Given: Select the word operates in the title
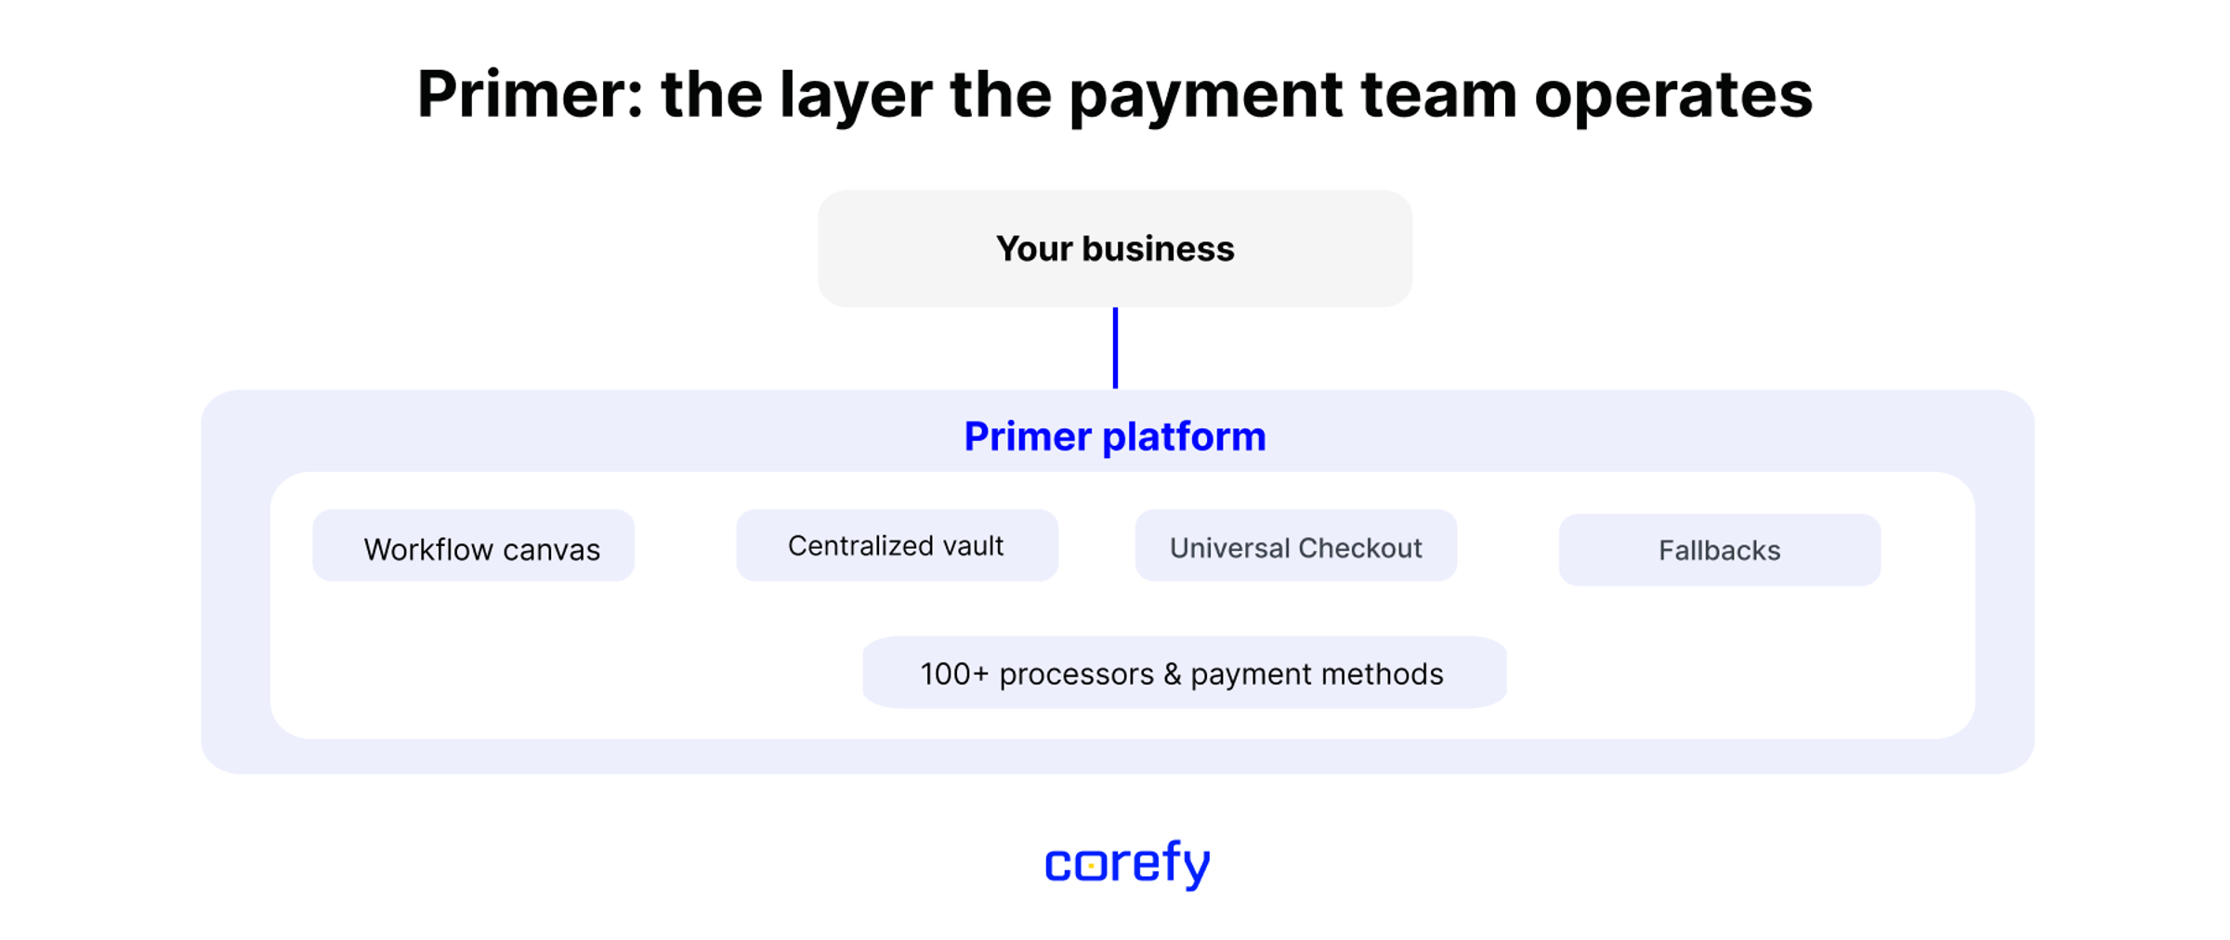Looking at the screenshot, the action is tap(1673, 97).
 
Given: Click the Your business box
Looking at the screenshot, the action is tap(1115, 248).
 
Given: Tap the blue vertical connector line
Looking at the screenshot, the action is tap(1115, 347).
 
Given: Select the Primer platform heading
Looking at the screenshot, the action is tap(1115, 437).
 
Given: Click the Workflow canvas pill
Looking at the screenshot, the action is tap(474, 545).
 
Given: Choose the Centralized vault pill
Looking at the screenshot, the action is tap(897, 545).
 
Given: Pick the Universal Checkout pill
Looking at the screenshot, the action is tap(1296, 545).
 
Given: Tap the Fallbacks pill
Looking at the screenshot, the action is tap(1720, 550).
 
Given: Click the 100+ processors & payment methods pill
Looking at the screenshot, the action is tap(1185, 672).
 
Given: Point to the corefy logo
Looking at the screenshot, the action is tap(1128, 864).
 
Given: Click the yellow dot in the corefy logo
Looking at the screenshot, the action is tap(1091, 866).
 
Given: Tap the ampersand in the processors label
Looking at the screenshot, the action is tap(1172, 673).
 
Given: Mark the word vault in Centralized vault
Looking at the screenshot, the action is tap(974, 545).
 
